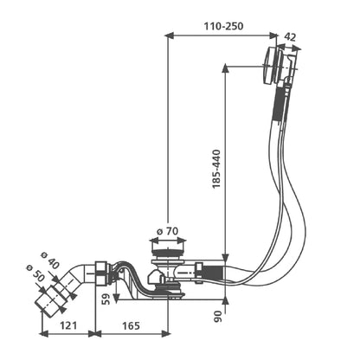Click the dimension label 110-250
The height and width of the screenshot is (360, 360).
coord(223,26)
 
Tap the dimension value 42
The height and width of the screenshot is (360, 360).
coord(290,36)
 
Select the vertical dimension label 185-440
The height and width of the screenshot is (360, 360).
coord(216,169)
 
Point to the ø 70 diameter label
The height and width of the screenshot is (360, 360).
coord(167,231)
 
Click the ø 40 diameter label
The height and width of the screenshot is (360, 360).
coord(50,261)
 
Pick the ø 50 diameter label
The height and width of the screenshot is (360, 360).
coord(35,273)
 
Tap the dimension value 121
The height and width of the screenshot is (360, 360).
coord(68,325)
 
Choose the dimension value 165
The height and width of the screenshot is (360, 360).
coord(131,325)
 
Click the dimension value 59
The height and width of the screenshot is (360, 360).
coord(106,299)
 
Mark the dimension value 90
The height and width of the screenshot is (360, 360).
coord(218,317)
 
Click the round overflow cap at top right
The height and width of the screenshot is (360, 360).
coord(269,65)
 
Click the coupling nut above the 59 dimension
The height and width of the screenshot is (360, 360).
coord(101,273)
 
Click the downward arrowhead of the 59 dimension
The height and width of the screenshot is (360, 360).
coord(116,298)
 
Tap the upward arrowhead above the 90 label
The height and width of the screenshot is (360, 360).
coord(225,300)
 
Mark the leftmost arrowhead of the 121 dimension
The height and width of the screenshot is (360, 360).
coord(43,334)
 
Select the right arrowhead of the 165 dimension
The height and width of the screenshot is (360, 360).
coord(166,334)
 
